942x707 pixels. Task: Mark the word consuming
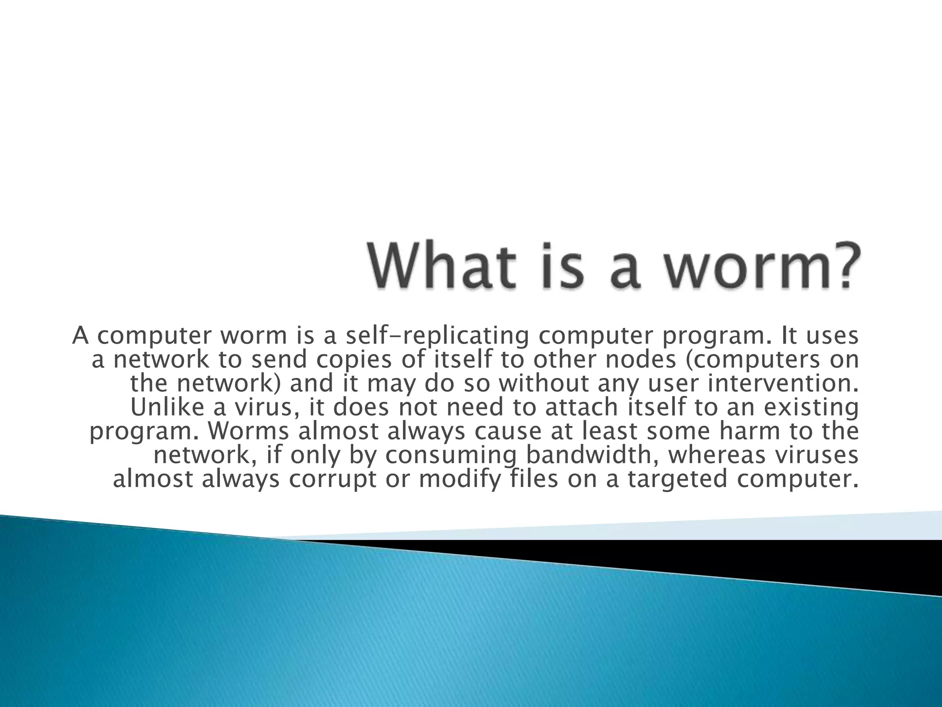[451, 455]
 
